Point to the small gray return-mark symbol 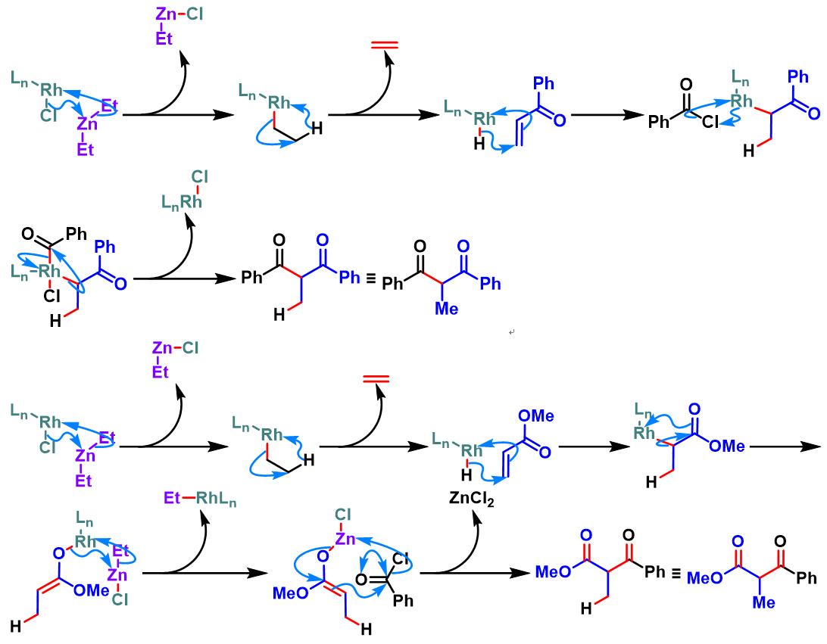pos(512,332)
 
